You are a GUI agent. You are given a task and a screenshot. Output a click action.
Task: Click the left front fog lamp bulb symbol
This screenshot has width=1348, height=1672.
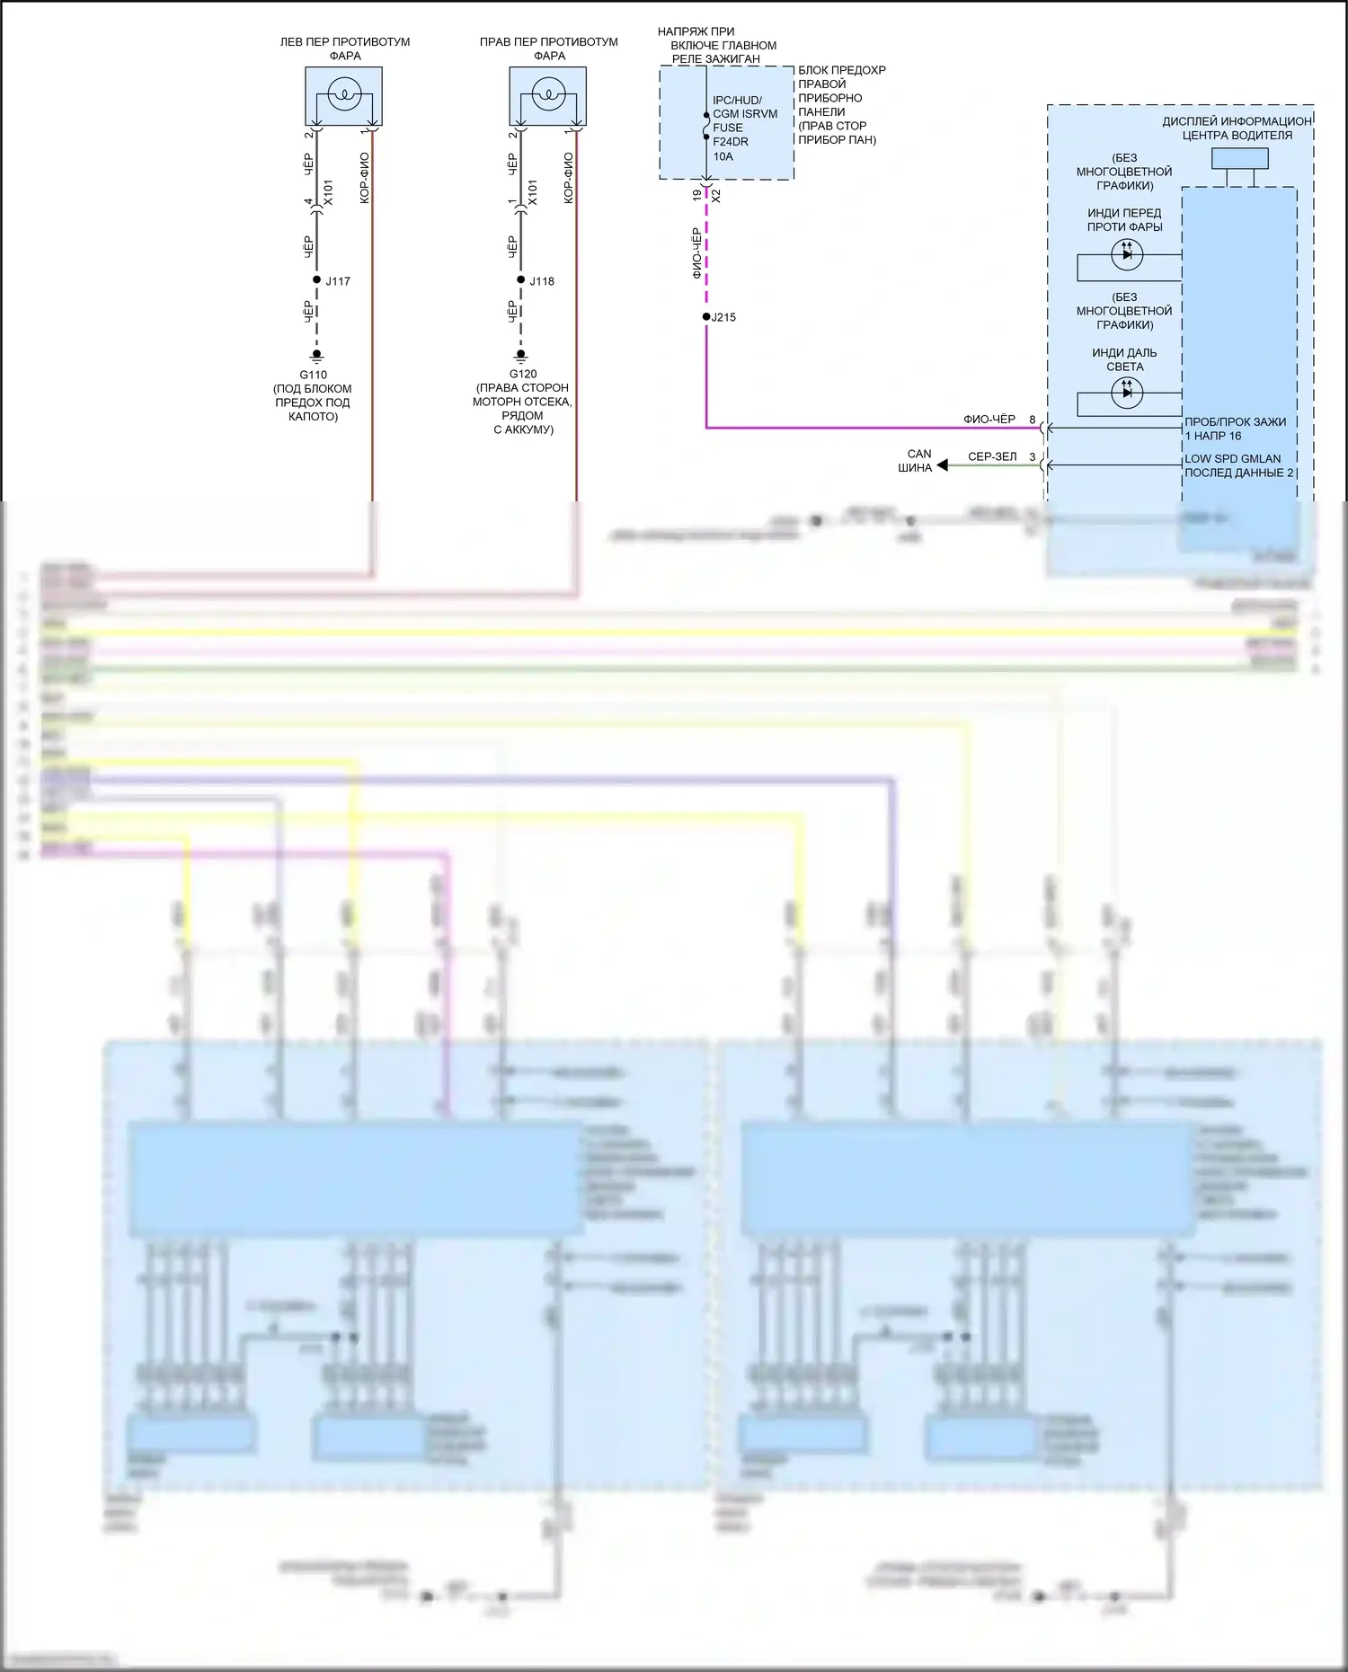[344, 93]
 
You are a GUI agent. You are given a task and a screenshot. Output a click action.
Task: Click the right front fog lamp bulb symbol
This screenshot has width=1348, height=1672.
[548, 93]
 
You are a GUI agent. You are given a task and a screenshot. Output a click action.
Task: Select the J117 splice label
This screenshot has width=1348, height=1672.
[338, 281]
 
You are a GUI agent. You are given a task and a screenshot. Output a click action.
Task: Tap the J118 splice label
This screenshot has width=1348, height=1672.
[542, 281]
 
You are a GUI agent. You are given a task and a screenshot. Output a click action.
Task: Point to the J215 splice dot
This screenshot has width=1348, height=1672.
[706, 317]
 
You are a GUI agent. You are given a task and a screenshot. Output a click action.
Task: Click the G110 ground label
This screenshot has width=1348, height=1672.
[313, 375]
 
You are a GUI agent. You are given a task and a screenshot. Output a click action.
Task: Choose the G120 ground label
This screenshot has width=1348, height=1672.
[523, 374]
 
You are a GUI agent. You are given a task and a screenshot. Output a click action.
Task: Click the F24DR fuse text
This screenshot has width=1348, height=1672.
[731, 142]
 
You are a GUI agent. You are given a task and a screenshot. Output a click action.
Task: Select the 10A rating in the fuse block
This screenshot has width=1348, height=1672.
[723, 156]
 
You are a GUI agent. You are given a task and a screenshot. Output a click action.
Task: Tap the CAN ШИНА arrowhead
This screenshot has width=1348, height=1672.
[943, 465]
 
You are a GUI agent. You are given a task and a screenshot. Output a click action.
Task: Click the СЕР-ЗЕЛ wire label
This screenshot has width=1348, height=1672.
[992, 456]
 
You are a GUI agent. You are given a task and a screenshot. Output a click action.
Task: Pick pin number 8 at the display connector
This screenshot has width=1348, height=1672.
[1032, 420]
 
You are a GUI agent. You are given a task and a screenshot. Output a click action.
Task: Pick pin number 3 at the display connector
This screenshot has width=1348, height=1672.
[1032, 456]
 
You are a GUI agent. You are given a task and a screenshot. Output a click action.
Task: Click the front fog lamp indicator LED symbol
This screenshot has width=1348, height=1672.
[1127, 254]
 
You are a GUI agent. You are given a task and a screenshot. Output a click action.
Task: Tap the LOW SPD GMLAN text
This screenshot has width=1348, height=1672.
[1232, 458]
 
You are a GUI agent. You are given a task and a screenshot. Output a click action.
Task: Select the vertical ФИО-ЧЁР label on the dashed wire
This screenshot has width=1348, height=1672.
[697, 252]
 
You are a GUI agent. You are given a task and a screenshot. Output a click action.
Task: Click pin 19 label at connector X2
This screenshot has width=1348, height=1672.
[697, 194]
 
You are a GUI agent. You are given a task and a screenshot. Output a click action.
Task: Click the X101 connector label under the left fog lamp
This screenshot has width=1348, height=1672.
[328, 192]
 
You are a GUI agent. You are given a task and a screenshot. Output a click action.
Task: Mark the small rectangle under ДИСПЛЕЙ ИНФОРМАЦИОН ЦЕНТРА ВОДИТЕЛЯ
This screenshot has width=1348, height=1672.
[1239, 159]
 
